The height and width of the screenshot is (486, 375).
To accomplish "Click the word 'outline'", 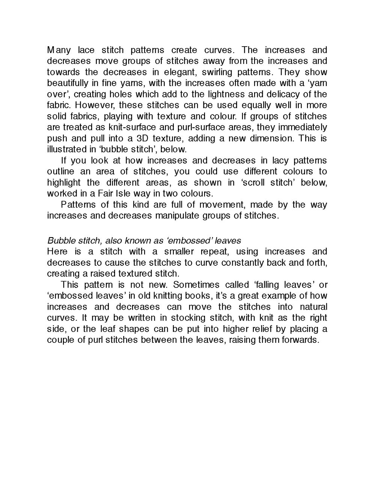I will [x=60, y=171].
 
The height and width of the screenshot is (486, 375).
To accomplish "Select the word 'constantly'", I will [x=242, y=262].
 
